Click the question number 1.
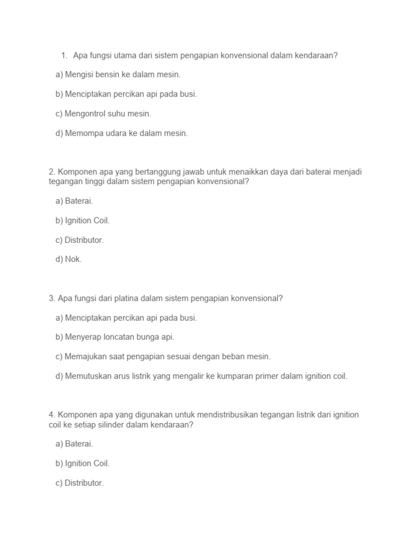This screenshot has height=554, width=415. click(64, 55)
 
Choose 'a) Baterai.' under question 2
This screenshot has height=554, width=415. click(74, 201)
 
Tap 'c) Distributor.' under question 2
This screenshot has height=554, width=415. click(79, 240)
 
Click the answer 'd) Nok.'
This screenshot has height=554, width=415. click(68, 260)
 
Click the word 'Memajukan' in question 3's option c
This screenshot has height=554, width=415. click(84, 357)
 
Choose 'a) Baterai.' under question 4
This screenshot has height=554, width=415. click(74, 444)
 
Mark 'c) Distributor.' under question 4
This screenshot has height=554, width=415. click(79, 483)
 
